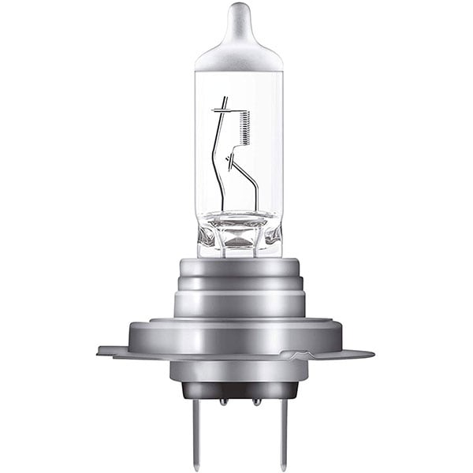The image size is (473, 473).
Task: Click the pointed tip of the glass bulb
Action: pos(238,9)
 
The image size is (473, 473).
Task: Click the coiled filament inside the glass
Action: pos(244,126)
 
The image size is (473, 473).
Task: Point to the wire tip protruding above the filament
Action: pos(225,101)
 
